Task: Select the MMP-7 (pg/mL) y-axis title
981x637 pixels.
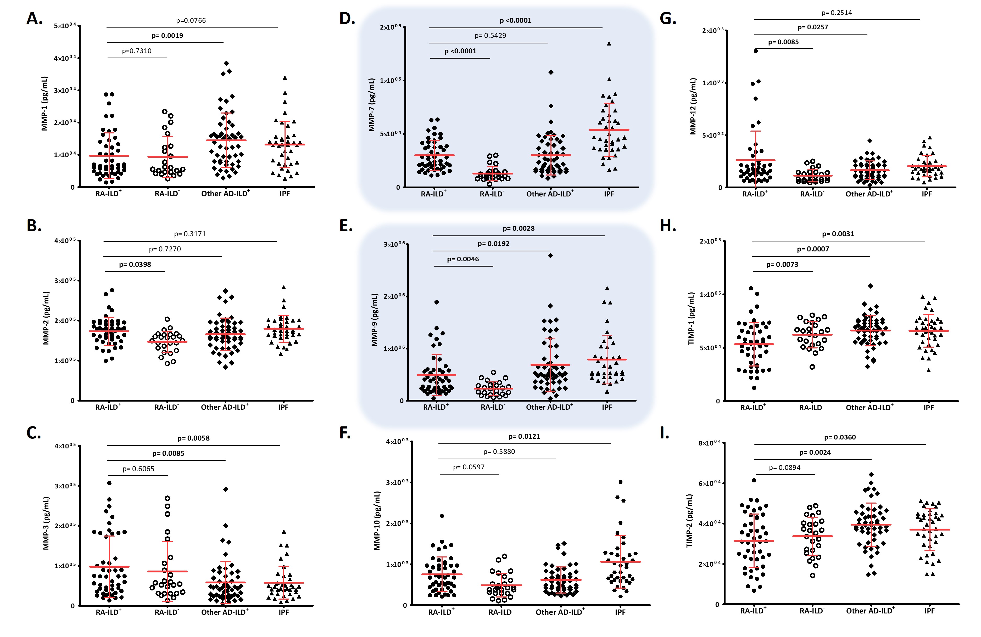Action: pos(372,105)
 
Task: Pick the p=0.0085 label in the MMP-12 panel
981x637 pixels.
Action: pos(783,42)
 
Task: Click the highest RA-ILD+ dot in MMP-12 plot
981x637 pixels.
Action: pos(756,51)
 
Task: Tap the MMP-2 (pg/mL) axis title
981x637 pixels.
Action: pos(46,318)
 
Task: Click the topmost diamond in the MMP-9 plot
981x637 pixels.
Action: pos(550,256)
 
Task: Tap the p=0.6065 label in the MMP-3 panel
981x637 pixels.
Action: pos(138,469)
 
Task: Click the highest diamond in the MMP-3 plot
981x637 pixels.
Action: pos(225,489)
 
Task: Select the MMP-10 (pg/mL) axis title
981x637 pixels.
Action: pos(377,521)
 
